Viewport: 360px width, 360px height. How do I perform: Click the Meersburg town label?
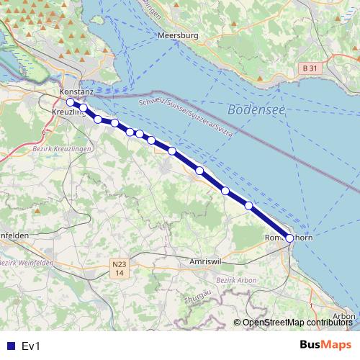point(177,35)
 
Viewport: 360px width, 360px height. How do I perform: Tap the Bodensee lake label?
point(256,109)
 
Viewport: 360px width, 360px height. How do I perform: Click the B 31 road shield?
point(307,68)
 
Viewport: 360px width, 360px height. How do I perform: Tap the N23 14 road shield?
point(119,269)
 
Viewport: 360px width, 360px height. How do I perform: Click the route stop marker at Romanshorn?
point(289,238)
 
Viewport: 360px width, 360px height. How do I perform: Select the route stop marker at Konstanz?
point(70,102)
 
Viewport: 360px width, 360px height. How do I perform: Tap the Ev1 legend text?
point(31,346)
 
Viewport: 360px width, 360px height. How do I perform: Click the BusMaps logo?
point(326,346)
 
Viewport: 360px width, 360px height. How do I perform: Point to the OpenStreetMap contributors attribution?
point(297,323)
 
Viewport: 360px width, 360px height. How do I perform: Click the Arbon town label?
point(344,316)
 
